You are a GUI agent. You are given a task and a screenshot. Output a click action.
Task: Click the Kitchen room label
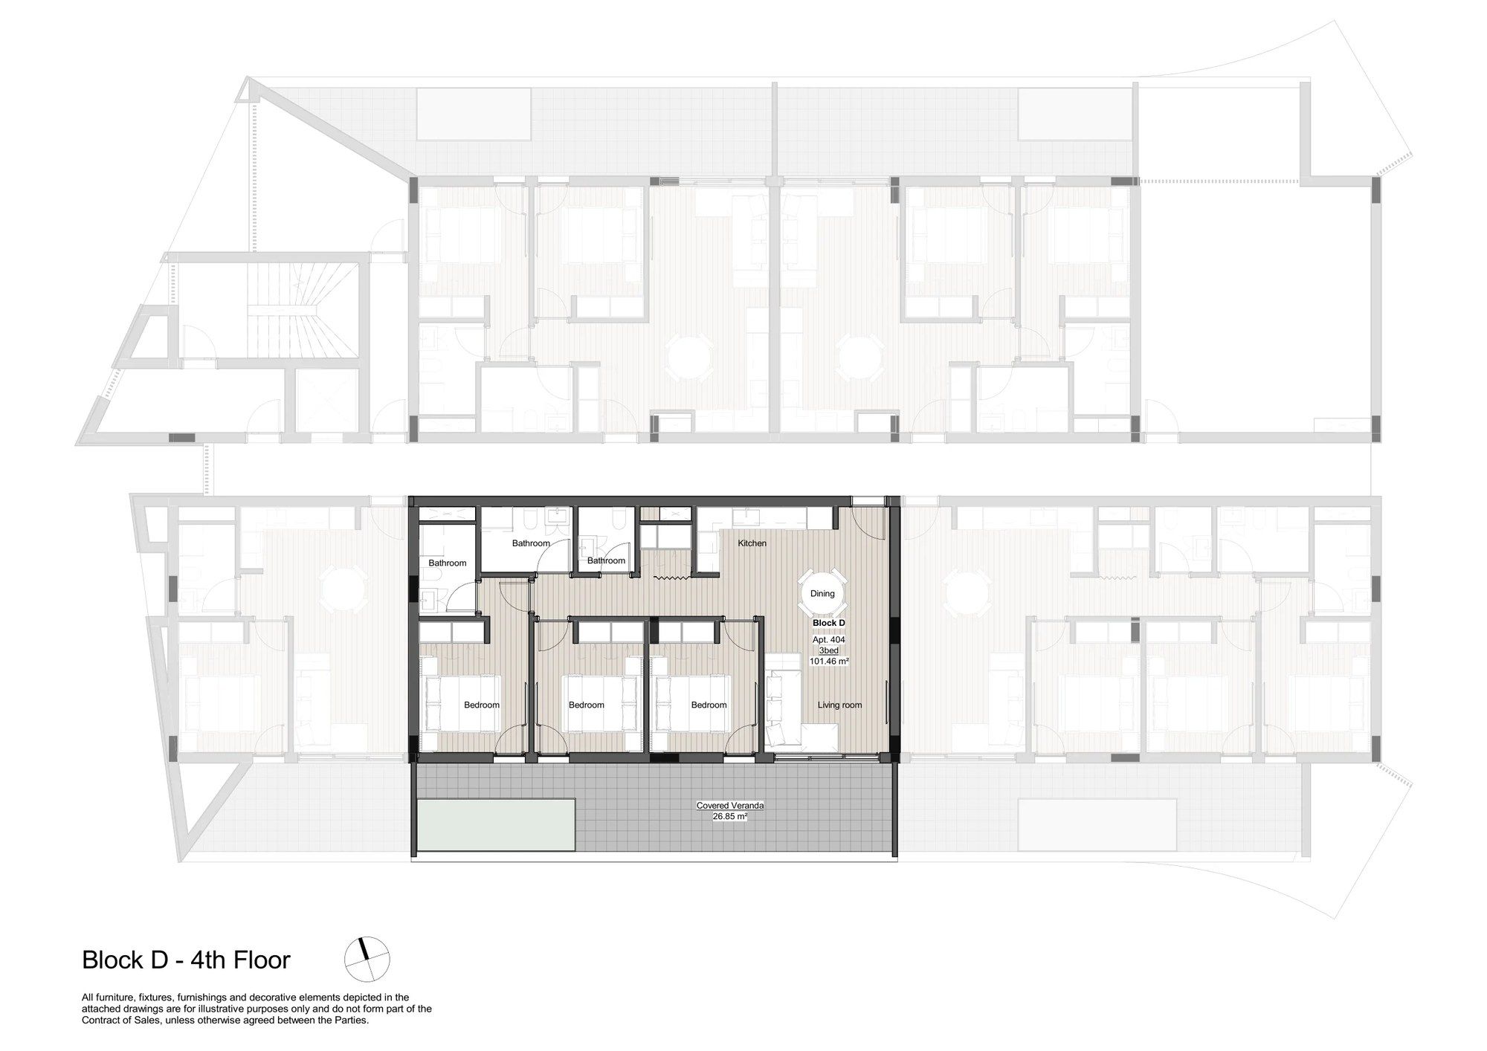click(x=752, y=543)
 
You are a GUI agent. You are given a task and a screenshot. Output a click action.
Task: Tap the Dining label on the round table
click(x=822, y=594)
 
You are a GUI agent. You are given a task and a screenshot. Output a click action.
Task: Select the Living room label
click(x=839, y=705)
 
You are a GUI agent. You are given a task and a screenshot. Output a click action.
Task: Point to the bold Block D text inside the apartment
click(x=828, y=623)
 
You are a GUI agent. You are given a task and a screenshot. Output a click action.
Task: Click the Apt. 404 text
click(x=828, y=640)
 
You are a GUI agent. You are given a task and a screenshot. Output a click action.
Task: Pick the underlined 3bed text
click(x=828, y=650)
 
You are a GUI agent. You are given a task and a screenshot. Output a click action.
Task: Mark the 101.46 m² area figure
click(x=828, y=661)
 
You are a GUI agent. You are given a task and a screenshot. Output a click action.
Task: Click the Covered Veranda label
click(x=730, y=806)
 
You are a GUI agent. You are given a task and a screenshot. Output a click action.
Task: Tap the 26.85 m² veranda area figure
click(x=730, y=815)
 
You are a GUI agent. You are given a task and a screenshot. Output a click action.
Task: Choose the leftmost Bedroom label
click(x=482, y=705)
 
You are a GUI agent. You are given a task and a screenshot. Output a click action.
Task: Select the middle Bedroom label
click(x=587, y=705)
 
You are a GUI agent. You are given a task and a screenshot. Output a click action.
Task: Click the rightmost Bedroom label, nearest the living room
click(x=709, y=705)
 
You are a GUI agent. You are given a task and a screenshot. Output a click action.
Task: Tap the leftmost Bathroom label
click(x=448, y=563)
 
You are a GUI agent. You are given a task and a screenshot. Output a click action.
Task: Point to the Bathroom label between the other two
click(x=531, y=543)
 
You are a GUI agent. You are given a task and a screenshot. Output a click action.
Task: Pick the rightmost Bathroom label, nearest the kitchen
click(x=606, y=560)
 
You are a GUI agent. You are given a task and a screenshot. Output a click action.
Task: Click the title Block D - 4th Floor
click(x=186, y=960)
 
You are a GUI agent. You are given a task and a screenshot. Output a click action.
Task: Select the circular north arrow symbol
click(x=367, y=960)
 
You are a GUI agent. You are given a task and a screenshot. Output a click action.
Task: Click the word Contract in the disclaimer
click(x=100, y=1020)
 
